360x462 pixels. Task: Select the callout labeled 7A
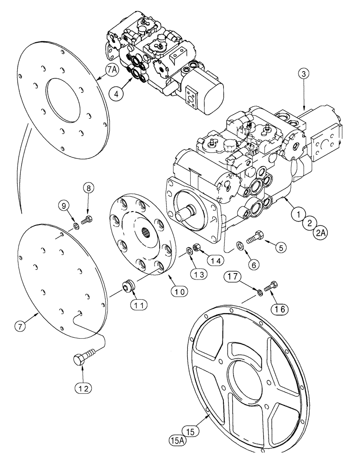[112, 71]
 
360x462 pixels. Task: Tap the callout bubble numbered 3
[302, 73]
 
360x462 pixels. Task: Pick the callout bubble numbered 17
[233, 277]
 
